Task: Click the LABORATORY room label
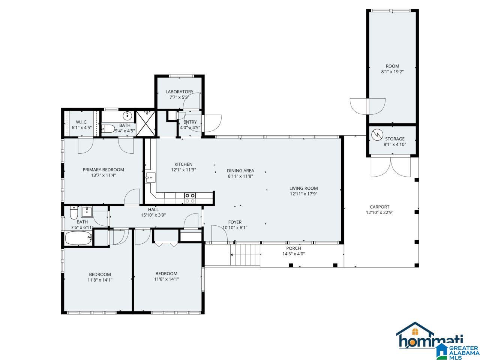[x=179, y=91]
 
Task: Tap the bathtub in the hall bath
[x=78, y=238]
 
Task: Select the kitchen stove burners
[x=190, y=198]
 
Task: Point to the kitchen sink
[x=151, y=177]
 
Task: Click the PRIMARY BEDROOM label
[x=103, y=169]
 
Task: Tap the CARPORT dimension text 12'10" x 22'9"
[x=379, y=212]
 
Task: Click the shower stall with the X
[x=146, y=124]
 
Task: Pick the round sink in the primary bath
[x=127, y=115]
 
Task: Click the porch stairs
[x=245, y=255]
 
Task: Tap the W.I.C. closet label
[x=82, y=122]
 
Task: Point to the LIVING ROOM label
[x=303, y=188]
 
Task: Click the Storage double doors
[x=390, y=167]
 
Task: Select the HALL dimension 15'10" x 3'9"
[x=153, y=215]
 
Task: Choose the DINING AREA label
[x=240, y=171]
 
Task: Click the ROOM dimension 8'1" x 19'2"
[x=392, y=72]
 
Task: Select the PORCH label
[x=294, y=248]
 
